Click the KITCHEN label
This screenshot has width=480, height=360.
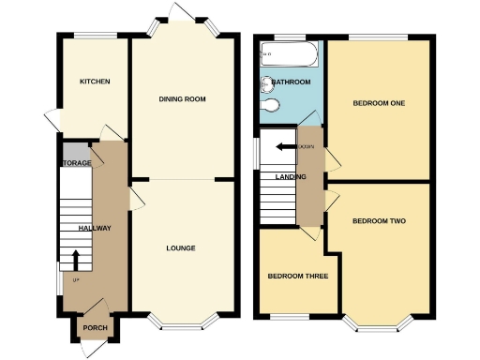[95, 82]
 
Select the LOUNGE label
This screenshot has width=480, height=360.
[181, 248]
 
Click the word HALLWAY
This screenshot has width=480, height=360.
[94, 228]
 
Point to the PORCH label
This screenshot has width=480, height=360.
[95, 327]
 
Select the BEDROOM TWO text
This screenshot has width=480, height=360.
[378, 221]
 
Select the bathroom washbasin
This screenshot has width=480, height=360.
[266, 82]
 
